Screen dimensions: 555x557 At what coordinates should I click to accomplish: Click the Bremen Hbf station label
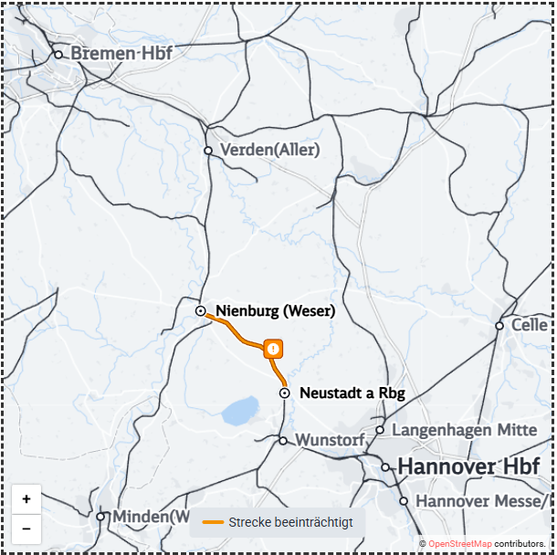click(121, 54)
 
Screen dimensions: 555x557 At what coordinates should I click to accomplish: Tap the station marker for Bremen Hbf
click(58, 55)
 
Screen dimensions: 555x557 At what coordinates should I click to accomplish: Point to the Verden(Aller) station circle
click(208, 151)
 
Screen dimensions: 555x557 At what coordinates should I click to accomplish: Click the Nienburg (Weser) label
click(275, 311)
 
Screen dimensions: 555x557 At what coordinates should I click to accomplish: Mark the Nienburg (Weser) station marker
click(201, 311)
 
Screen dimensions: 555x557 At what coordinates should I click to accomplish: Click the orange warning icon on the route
click(273, 349)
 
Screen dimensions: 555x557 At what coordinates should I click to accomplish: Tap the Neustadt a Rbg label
click(352, 393)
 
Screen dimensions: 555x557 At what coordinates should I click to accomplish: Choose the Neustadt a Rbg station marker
click(285, 393)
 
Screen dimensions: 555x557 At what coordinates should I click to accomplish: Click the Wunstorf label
click(330, 440)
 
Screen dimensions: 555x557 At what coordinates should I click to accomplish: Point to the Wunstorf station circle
click(283, 441)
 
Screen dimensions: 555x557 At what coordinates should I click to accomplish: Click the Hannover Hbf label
click(468, 467)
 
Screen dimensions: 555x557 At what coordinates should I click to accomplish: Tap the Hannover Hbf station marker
click(386, 467)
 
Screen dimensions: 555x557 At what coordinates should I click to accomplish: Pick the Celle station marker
click(499, 326)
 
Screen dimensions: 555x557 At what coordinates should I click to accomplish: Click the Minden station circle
click(101, 517)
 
